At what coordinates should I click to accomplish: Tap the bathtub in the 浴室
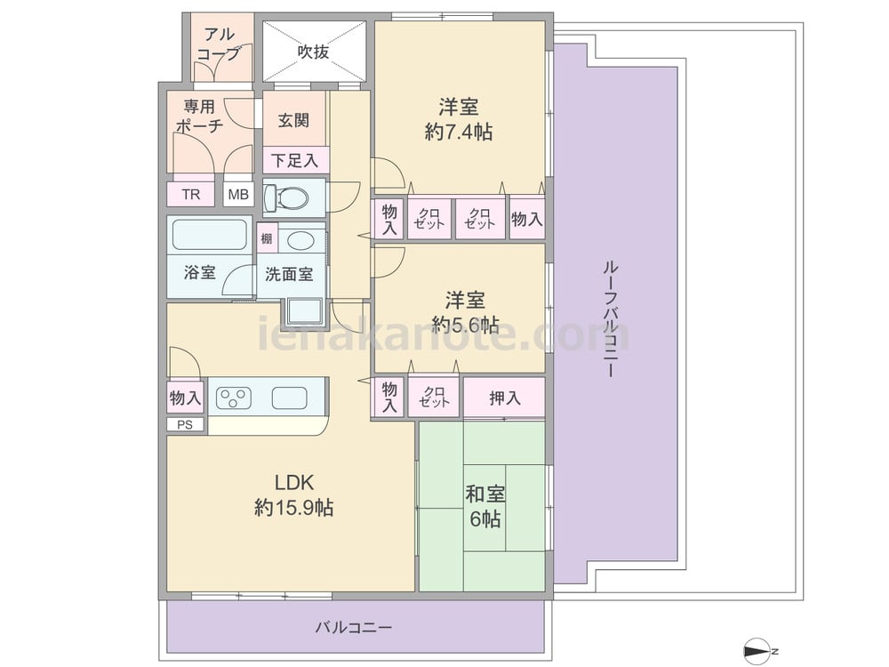pos(210,234)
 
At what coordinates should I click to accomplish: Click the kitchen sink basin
pos(289,398)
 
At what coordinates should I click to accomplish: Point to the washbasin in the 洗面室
pos(300,240)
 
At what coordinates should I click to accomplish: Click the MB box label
pos(238,195)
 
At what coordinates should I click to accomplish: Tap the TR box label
pos(191,195)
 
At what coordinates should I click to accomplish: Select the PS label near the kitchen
pos(185,425)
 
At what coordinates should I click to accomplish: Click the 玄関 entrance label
pos(293,120)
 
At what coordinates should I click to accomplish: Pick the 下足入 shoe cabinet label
pos(295,160)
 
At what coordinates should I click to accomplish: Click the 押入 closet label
pos(505,398)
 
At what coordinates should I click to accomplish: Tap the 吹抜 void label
pos(314,52)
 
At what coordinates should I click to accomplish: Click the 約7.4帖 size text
pos(459,133)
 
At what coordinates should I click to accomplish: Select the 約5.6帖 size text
pos(466,325)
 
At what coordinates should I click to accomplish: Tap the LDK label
pos(294,483)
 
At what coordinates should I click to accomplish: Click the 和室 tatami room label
pos(485,494)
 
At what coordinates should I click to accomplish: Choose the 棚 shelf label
pos(267,238)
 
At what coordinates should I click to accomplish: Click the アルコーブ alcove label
pos(219,44)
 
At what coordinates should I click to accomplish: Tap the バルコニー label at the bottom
pos(354,628)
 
